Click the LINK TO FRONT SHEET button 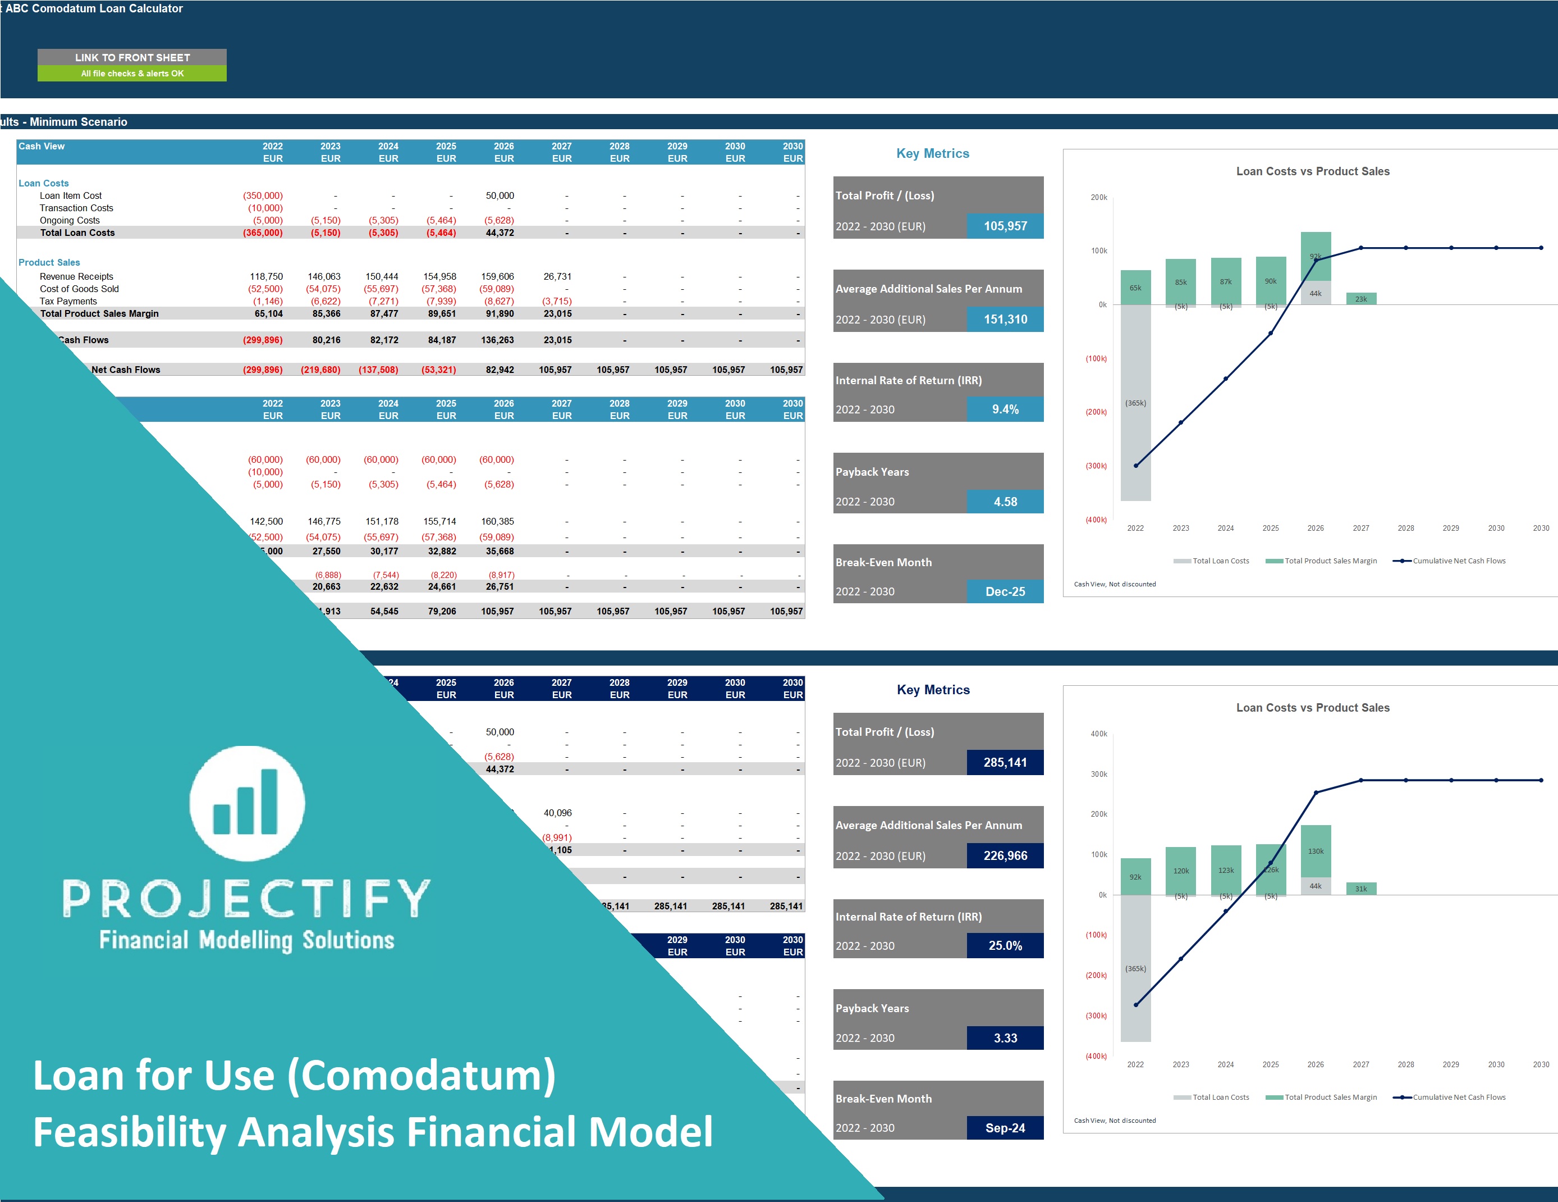(132, 57)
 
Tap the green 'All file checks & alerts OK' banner (132, 74)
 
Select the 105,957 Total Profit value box (1005, 226)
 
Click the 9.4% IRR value (1005, 409)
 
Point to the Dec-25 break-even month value (1005, 591)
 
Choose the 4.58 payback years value (1005, 502)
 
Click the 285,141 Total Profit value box (1005, 762)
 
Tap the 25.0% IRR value (1005, 946)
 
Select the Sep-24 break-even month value (1005, 1128)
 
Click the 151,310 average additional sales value (1005, 320)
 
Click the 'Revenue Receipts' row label (76, 277)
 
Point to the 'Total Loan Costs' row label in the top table (77, 233)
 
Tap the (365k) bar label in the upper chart (1136, 403)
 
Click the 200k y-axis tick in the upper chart (1098, 198)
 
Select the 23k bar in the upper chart (1361, 299)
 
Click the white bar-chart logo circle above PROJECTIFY (247, 803)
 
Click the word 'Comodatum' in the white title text (421, 1075)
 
